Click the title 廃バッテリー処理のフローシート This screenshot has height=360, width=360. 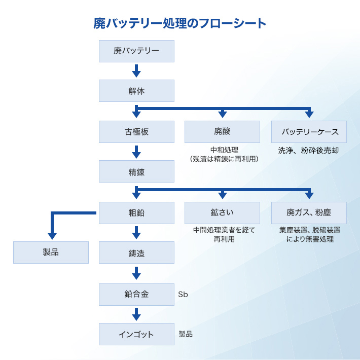point(179,23)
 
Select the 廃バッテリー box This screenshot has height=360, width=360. point(136,51)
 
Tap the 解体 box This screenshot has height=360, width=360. point(136,91)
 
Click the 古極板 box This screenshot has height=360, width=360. point(136,132)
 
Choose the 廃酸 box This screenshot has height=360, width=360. point(222,132)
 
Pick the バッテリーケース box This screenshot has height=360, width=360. point(309,132)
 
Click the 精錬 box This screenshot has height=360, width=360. point(136,171)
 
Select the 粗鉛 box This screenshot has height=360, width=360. point(136,213)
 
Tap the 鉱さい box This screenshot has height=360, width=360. point(222,213)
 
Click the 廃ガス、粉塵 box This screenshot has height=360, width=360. point(309,213)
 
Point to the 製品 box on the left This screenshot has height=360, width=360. point(51,253)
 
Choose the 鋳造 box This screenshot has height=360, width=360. point(136,253)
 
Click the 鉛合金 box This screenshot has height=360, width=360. point(136,295)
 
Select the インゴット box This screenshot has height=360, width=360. point(136,334)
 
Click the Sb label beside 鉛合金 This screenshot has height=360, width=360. point(183,294)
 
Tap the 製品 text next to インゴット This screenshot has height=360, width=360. point(186,334)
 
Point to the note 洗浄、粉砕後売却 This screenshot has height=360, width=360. point(308,151)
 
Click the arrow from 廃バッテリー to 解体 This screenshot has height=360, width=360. point(136,70)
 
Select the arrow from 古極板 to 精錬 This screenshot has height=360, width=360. point(136,152)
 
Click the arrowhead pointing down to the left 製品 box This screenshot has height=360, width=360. point(52,236)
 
